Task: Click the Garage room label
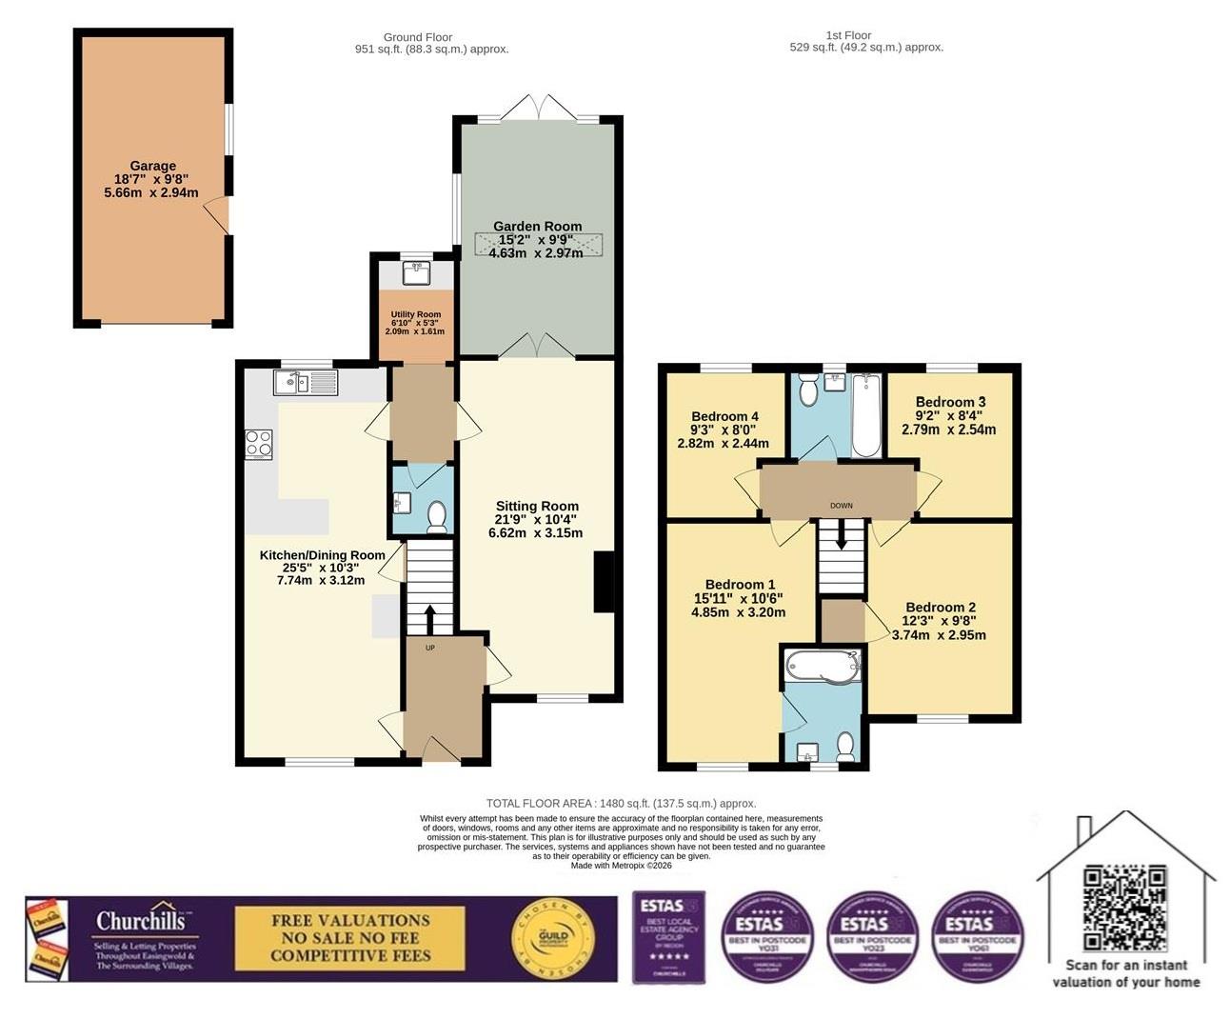152,166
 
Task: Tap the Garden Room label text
537,227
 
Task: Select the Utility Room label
416,314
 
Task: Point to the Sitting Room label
537,507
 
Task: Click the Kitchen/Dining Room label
322,555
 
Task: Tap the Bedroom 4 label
724,416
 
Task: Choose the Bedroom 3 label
950,402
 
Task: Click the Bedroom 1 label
740,585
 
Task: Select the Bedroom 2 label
940,608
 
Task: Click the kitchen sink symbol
305,383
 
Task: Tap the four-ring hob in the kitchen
259,444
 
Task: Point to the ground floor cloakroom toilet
437,517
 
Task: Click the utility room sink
416,273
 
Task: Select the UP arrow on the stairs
428,618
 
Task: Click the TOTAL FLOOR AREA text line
621,804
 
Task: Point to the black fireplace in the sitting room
604,582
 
